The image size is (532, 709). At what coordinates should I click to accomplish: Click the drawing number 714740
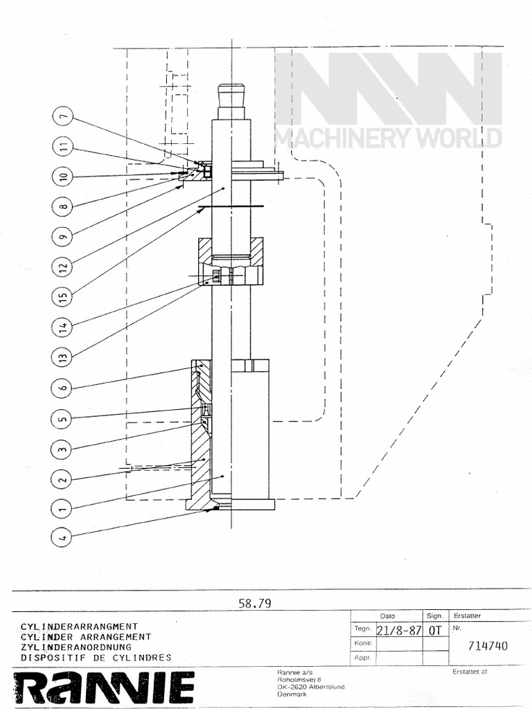(x=488, y=647)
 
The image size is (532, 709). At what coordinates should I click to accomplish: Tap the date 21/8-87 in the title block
(x=398, y=631)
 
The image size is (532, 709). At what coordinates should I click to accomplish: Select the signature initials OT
(x=434, y=631)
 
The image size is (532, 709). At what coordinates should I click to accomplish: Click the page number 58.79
(x=254, y=603)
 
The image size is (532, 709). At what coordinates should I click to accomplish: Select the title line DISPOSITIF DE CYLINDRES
(x=96, y=657)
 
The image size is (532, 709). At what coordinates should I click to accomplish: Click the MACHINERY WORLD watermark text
(x=388, y=138)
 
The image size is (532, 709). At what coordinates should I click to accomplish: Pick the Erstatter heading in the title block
(x=467, y=615)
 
